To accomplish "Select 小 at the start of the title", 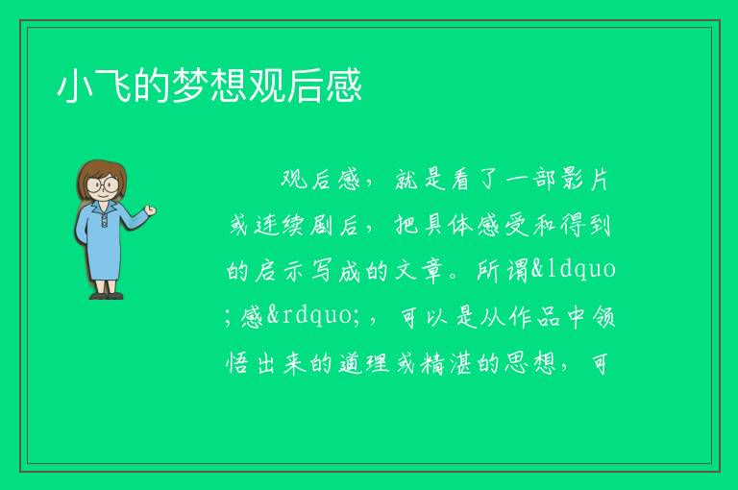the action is pyautogui.click(x=75, y=86).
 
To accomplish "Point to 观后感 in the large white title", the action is pyautogui.click(x=305, y=86).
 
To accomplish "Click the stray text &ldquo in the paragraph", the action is pyautogui.click(x=574, y=270).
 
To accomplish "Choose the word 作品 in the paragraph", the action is pyautogui.click(x=534, y=317).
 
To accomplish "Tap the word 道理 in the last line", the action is pyautogui.click(x=364, y=363).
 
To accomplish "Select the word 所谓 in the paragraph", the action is pyautogui.click(x=503, y=271).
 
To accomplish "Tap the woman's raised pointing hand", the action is pyautogui.click(x=150, y=210).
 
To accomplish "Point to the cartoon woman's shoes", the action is pyautogui.click(x=107, y=296).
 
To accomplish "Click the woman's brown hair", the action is pyautogui.click(x=102, y=174).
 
